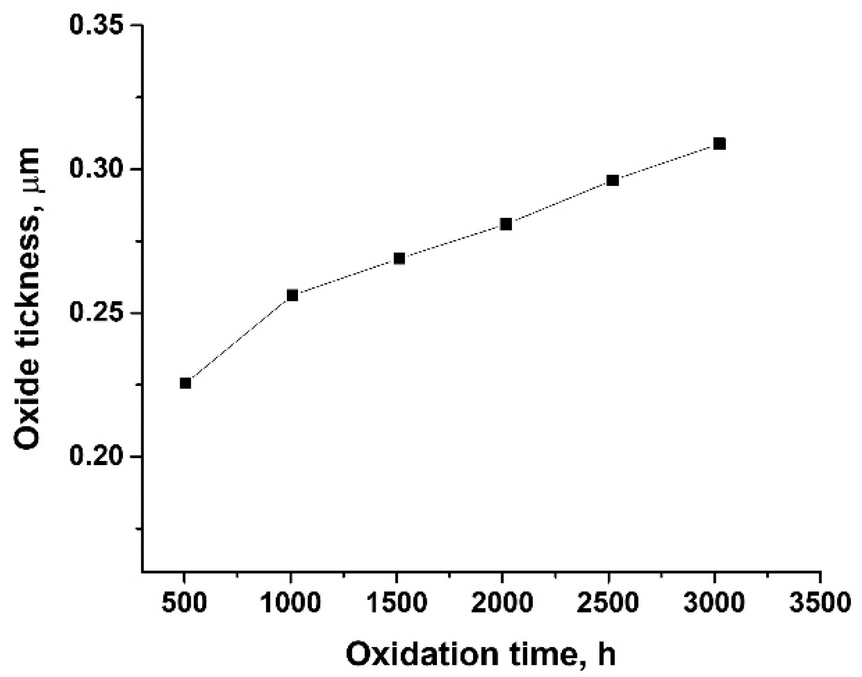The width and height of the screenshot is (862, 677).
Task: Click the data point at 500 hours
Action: [185, 383]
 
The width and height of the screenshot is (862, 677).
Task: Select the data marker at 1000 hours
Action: [292, 295]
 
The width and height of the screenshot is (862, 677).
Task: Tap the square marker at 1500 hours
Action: [400, 258]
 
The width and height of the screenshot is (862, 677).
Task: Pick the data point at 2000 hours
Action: [506, 224]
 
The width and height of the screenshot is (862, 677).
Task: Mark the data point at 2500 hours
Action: [613, 180]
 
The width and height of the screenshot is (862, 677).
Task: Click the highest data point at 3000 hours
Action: [720, 143]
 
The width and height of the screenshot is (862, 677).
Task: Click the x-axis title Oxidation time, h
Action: [481, 654]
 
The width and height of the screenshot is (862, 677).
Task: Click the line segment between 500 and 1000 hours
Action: [239, 339]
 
